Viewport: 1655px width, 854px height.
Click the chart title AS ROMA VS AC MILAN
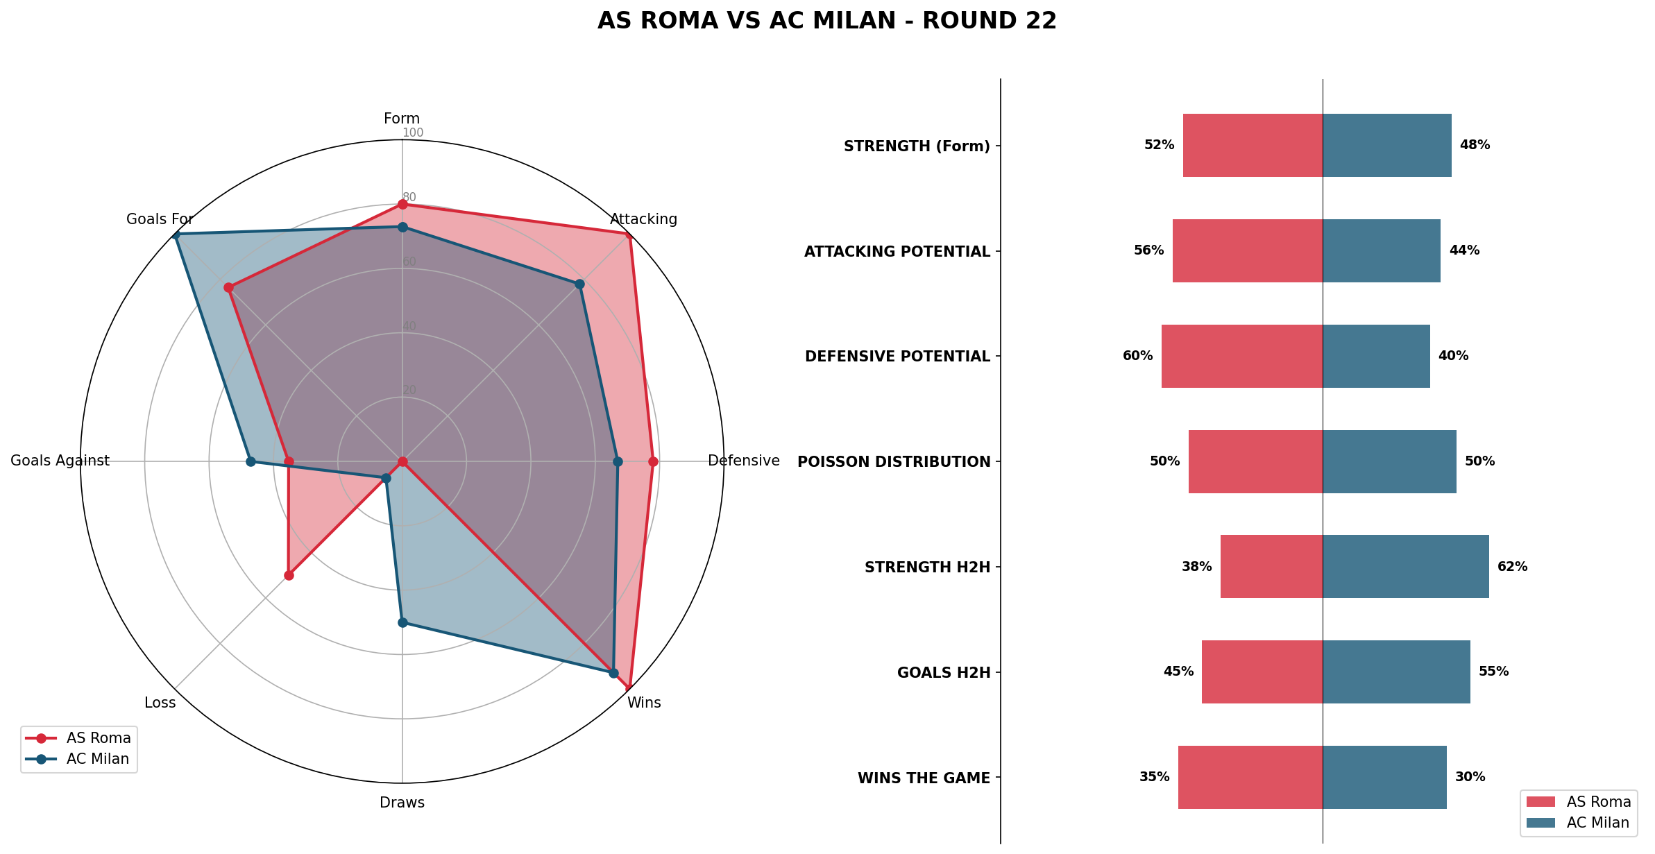(826, 22)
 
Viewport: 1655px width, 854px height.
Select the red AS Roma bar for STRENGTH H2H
(1271, 566)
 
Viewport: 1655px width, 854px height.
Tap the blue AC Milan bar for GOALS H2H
(1396, 672)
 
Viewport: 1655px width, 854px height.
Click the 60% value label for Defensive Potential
(1137, 356)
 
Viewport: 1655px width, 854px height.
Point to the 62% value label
(1512, 567)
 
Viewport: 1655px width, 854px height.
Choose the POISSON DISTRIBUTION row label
(894, 462)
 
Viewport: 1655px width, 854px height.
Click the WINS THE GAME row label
(924, 778)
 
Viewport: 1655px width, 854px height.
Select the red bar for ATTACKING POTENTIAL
(1247, 250)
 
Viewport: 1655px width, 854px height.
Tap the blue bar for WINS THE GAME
(1384, 777)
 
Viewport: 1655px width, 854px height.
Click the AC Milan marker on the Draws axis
(402, 622)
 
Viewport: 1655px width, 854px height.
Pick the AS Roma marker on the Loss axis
(289, 575)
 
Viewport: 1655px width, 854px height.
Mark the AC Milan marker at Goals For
(176, 235)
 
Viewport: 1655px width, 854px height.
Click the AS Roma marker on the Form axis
(402, 204)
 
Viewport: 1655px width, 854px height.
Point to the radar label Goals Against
(60, 461)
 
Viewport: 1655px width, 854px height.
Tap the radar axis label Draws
(402, 803)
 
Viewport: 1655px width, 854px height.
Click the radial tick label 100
(413, 133)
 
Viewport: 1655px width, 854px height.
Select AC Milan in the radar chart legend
(97, 759)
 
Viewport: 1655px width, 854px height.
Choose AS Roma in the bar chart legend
(1598, 802)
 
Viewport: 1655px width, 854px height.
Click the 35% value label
(1154, 777)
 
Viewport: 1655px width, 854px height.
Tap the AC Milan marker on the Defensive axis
(618, 461)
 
